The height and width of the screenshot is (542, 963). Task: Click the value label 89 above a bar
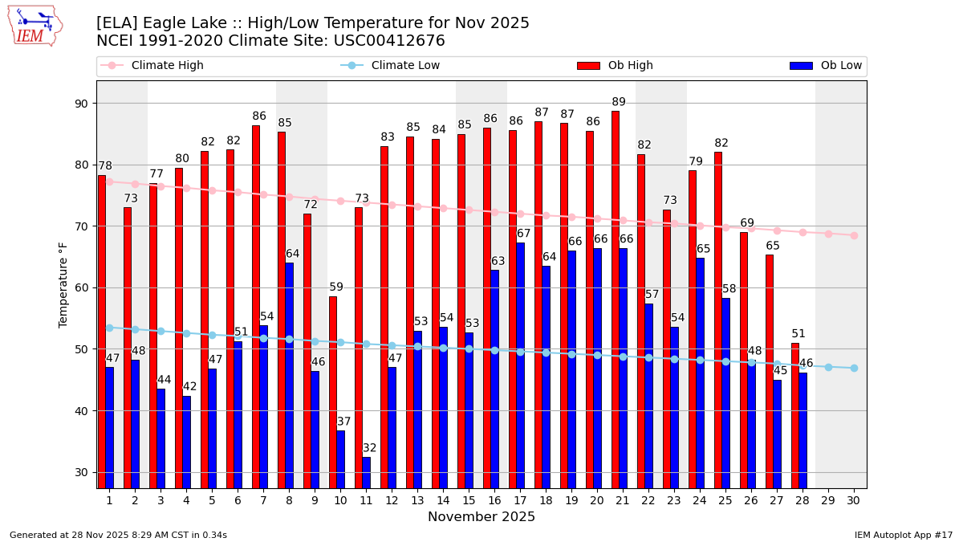[x=619, y=103]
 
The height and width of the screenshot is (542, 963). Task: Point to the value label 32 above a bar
[x=369, y=448]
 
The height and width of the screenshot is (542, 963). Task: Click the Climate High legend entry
[x=167, y=66]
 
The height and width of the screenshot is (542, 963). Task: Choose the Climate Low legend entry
[x=405, y=66]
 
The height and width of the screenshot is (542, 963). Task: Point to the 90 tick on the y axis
[x=82, y=103]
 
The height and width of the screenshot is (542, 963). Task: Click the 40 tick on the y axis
[x=82, y=411]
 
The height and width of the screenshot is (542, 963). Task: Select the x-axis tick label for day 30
[x=854, y=500]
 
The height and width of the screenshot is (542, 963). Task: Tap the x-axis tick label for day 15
[x=469, y=500]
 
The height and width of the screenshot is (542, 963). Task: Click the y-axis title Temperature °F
[x=63, y=284]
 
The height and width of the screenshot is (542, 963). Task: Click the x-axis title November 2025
[x=481, y=517]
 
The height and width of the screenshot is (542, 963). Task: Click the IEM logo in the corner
[x=35, y=26]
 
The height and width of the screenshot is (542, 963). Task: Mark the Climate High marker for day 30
[x=854, y=235]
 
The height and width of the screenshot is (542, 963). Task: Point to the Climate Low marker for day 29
[x=828, y=367]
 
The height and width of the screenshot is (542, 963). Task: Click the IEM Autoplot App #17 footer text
[x=903, y=535]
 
